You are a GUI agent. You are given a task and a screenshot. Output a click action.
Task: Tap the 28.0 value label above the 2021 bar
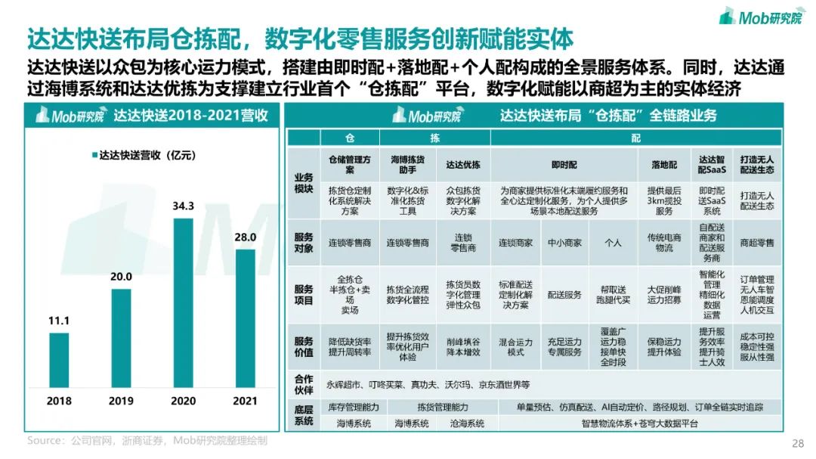pyautogui.click(x=246, y=237)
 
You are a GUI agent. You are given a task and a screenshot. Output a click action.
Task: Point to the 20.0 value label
pyautogui.click(x=121, y=277)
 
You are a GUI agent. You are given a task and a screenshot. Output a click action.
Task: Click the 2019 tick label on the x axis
pyautogui.click(x=121, y=400)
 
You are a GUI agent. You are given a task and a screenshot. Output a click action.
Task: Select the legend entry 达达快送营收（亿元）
pyautogui.click(x=144, y=155)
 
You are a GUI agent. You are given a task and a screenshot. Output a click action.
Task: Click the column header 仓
pyautogui.click(x=349, y=138)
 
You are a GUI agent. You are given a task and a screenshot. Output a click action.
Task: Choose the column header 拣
pyautogui.click(x=434, y=138)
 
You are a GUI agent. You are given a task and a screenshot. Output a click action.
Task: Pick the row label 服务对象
pyautogui.click(x=303, y=242)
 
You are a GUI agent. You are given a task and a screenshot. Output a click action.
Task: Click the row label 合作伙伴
pyautogui.click(x=303, y=384)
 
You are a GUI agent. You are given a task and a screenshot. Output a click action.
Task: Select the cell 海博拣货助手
pyautogui.click(x=407, y=165)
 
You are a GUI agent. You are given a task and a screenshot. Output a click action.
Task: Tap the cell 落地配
pyautogui.click(x=664, y=165)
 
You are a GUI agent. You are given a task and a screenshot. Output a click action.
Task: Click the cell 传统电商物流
pyautogui.click(x=664, y=242)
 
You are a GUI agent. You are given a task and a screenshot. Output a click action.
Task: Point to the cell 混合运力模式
pyautogui.click(x=516, y=346)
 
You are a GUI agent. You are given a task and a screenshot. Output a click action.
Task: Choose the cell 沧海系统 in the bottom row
pyautogui.click(x=466, y=423)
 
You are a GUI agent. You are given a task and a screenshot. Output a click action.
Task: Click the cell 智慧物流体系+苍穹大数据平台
pyautogui.click(x=639, y=423)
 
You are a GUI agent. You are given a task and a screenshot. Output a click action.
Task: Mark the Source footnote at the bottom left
pyautogui.click(x=147, y=440)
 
